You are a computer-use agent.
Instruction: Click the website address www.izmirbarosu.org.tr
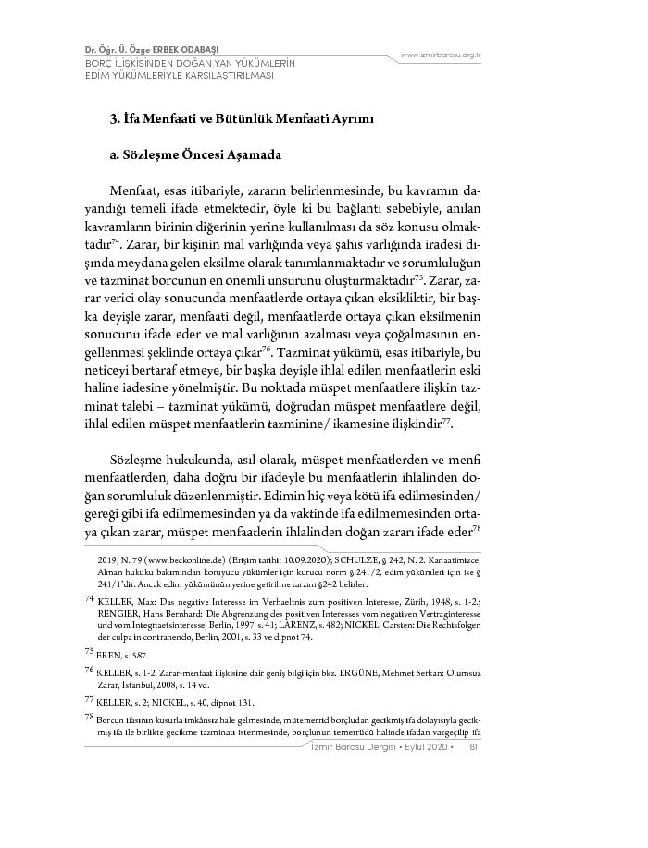[x=441, y=55]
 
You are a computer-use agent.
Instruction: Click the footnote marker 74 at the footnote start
[x=89, y=599]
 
